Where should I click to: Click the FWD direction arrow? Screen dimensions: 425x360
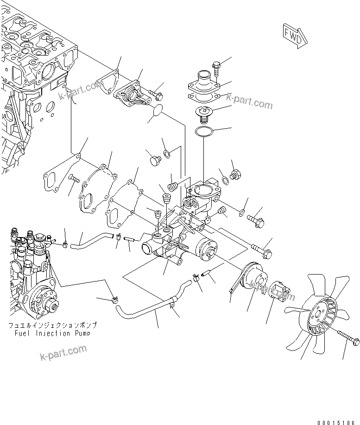coord(293,35)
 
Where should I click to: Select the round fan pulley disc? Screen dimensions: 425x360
coord(253,280)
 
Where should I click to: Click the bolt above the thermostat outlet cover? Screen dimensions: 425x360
coord(216,69)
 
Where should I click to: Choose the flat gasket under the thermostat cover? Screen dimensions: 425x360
coord(203,98)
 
